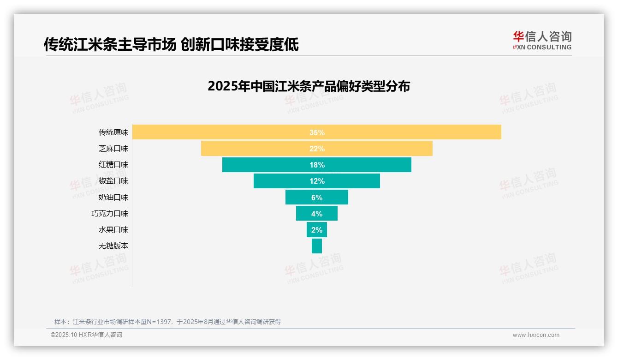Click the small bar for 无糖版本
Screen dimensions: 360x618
317,246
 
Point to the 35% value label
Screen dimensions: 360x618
317,132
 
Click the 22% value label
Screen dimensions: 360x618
317,149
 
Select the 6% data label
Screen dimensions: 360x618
317,198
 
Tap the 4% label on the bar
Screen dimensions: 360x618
317,214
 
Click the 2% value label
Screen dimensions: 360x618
317,230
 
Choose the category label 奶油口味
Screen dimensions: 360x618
113,198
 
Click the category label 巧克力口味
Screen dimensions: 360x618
110,214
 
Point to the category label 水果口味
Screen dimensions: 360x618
113,230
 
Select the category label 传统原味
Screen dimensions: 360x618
113,132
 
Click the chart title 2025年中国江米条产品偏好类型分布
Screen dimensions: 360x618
309,86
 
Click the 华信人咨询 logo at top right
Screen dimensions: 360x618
542,40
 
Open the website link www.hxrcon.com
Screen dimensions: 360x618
536,335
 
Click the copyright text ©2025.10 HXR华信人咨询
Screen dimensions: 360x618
86,335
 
